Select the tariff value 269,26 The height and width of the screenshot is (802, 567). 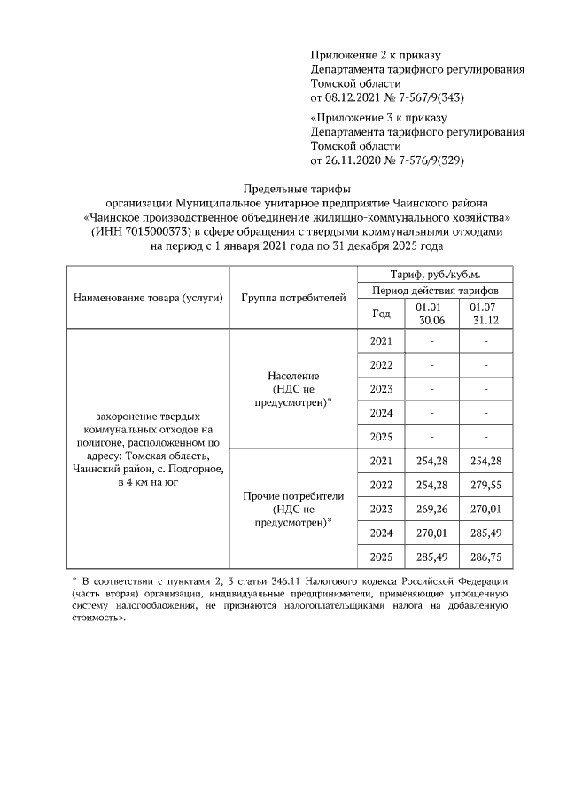click(431, 509)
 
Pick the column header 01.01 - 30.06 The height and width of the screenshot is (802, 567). click(431, 313)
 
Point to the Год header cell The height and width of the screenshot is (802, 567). click(381, 313)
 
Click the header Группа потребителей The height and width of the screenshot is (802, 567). click(292, 297)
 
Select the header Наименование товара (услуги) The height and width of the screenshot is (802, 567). click(148, 297)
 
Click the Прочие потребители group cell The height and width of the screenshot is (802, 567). click(292, 509)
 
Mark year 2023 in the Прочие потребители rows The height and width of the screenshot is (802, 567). click(381, 509)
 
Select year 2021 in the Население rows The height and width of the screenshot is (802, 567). click(381, 340)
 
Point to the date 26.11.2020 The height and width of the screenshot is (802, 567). click(355, 160)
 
